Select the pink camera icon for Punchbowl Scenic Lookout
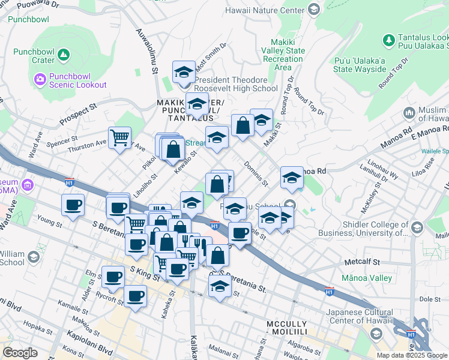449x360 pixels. pos(40,79)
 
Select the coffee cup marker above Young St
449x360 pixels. pos(73,205)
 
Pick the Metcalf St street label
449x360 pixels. pos(362,262)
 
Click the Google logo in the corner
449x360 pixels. pos(20,352)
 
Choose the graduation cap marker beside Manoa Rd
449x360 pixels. pos(292,178)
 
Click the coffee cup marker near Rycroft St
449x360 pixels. pos(135,296)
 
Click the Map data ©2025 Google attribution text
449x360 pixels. pos(411,355)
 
